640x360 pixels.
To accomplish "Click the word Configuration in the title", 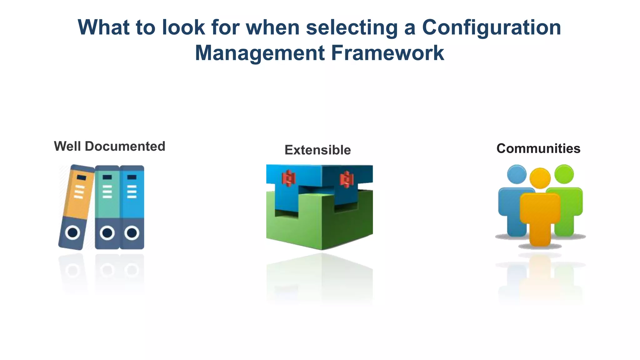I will click(x=491, y=27).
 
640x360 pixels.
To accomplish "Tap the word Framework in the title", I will click(x=387, y=53).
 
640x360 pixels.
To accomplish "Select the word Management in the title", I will click(x=260, y=53).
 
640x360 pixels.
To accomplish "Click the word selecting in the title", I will click(x=352, y=27).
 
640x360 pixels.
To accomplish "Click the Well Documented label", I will click(x=109, y=146).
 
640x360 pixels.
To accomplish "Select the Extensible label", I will click(x=317, y=150).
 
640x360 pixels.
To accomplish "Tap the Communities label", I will click(x=538, y=148).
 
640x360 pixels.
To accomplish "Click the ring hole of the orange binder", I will click(x=73, y=232).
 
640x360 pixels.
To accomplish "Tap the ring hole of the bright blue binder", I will click(x=132, y=233).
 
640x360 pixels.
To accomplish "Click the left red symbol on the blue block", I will click(x=288, y=178).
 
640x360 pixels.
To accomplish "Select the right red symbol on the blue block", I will click(x=346, y=179).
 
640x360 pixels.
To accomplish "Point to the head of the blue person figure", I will click(x=517, y=174).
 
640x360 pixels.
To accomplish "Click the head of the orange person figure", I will click(x=540, y=178).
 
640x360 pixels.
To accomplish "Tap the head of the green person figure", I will click(x=564, y=174).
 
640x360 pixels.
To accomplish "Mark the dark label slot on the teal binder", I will click(x=107, y=177).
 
